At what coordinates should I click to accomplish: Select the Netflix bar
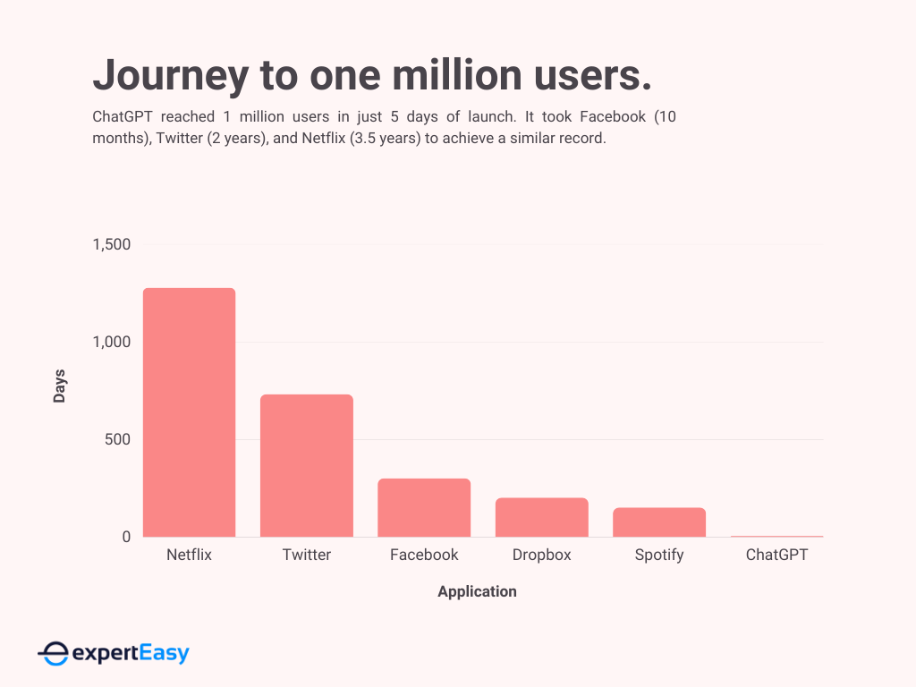click(189, 412)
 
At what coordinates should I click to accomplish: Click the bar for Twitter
click(307, 465)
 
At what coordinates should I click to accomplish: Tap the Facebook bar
click(424, 507)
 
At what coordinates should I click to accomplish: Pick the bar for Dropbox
click(541, 517)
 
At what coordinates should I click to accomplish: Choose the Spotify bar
click(659, 522)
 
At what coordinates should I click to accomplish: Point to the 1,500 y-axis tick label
click(112, 244)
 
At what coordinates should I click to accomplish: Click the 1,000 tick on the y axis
click(112, 342)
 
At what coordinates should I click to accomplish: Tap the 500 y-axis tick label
click(118, 439)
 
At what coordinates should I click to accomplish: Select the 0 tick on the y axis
click(126, 537)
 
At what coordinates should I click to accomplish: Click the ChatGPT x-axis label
click(776, 555)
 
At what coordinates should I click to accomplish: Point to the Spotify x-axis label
click(659, 555)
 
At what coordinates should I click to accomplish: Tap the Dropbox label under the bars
click(541, 555)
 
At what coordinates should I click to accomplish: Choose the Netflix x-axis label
click(189, 555)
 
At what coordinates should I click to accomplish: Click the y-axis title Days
click(60, 386)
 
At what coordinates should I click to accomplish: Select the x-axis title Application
click(477, 591)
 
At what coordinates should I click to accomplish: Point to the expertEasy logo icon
click(53, 654)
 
